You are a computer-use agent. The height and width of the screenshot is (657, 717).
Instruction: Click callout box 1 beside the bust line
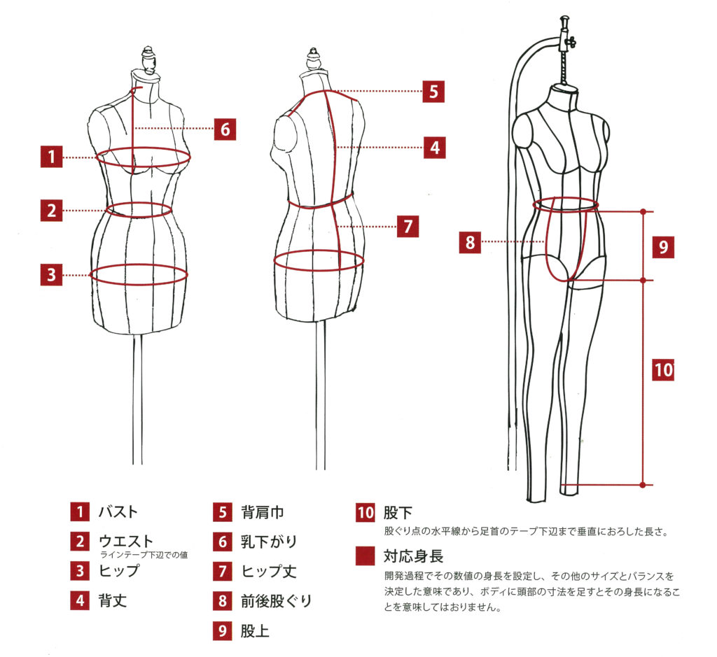tap(51, 157)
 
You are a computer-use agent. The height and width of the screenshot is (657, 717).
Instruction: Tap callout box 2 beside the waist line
tap(51, 209)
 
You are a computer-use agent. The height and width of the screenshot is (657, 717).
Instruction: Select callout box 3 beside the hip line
tap(51, 275)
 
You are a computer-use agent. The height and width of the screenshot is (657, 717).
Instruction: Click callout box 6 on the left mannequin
tap(224, 129)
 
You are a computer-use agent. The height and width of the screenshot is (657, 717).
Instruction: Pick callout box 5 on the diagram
tap(433, 91)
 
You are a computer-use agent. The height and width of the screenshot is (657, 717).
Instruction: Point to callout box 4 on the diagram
tap(435, 148)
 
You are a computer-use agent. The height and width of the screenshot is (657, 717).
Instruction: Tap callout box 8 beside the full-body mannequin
tap(470, 243)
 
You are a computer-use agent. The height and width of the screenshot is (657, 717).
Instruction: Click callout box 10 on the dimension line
tap(662, 369)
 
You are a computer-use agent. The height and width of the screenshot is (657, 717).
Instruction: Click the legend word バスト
tap(118, 512)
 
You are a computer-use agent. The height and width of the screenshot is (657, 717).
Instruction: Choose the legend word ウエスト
tap(126, 540)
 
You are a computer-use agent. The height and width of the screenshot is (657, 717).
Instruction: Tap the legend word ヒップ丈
tap(268, 571)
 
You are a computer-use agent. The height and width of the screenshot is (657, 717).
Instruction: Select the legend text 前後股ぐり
tap(276, 600)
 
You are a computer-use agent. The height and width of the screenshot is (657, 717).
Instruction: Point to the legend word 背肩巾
tap(263, 512)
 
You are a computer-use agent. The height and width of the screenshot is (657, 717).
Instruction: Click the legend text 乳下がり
tap(269, 542)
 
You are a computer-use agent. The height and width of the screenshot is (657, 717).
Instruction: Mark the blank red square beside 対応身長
tap(366, 557)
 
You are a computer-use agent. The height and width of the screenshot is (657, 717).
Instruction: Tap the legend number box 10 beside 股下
tap(366, 512)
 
